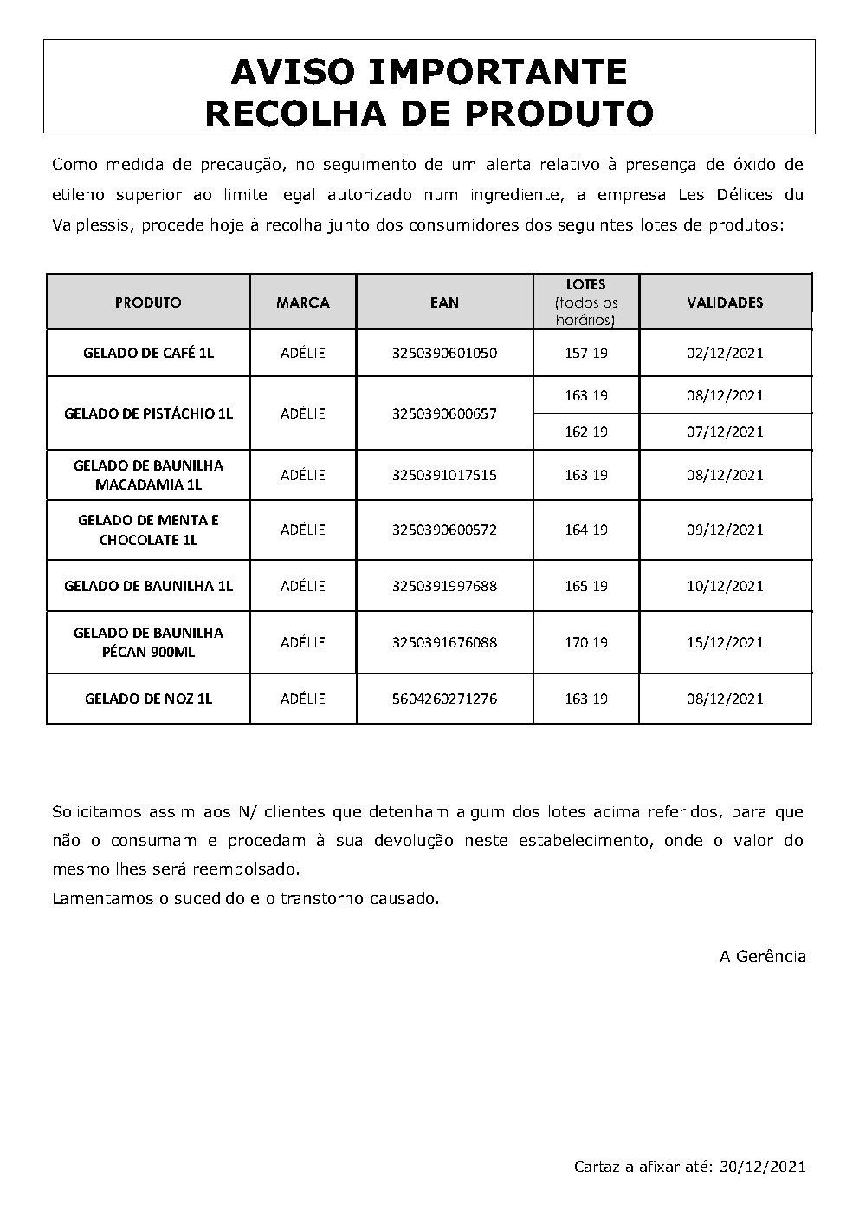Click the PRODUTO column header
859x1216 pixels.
point(148,302)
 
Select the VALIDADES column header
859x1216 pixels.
point(725,302)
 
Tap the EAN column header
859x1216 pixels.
point(444,302)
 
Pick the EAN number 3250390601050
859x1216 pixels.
point(444,353)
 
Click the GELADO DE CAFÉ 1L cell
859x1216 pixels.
point(148,353)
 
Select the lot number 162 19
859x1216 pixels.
point(586,432)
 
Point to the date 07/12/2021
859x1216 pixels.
point(725,432)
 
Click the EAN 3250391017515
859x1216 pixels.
point(444,475)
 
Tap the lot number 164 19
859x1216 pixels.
point(586,530)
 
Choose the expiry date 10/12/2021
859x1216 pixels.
point(725,586)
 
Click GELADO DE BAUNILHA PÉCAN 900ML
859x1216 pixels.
point(148,642)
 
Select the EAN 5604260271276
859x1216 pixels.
point(444,699)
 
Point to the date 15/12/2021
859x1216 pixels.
point(725,642)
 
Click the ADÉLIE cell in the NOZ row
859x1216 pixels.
point(303,699)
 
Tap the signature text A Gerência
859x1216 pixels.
point(762,957)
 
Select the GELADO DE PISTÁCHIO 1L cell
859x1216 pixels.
point(148,413)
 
